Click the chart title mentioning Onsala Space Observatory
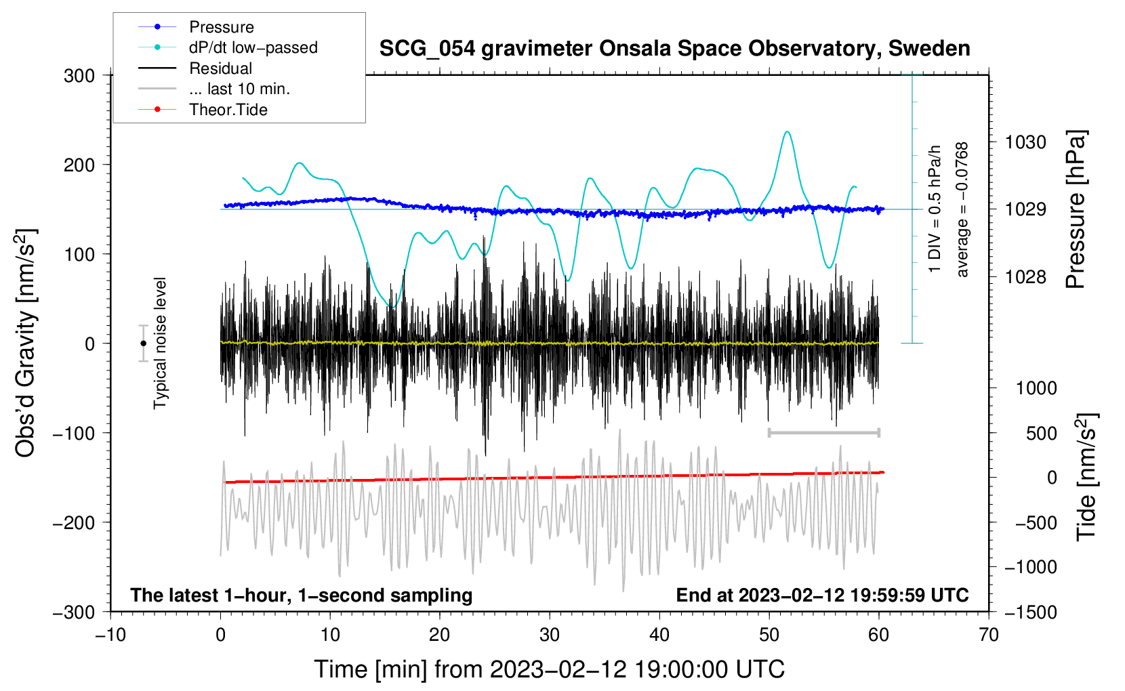click(x=674, y=49)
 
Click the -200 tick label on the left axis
click(x=74, y=523)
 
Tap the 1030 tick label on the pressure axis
click(x=1025, y=142)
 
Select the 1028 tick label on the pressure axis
click(x=1025, y=276)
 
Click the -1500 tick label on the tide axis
click(x=1031, y=612)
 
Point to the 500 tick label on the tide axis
click(x=1042, y=434)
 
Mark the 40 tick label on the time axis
click(x=659, y=635)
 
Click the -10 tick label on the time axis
click(x=110, y=635)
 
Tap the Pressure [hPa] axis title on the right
click(x=1076, y=209)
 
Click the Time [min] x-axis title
click(x=549, y=669)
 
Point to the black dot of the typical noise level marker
click(x=143, y=343)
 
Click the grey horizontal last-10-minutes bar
click(x=823, y=432)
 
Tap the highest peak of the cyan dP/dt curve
click(x=787, y=131)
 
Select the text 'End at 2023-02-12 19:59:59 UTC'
click(x=822, y=595)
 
